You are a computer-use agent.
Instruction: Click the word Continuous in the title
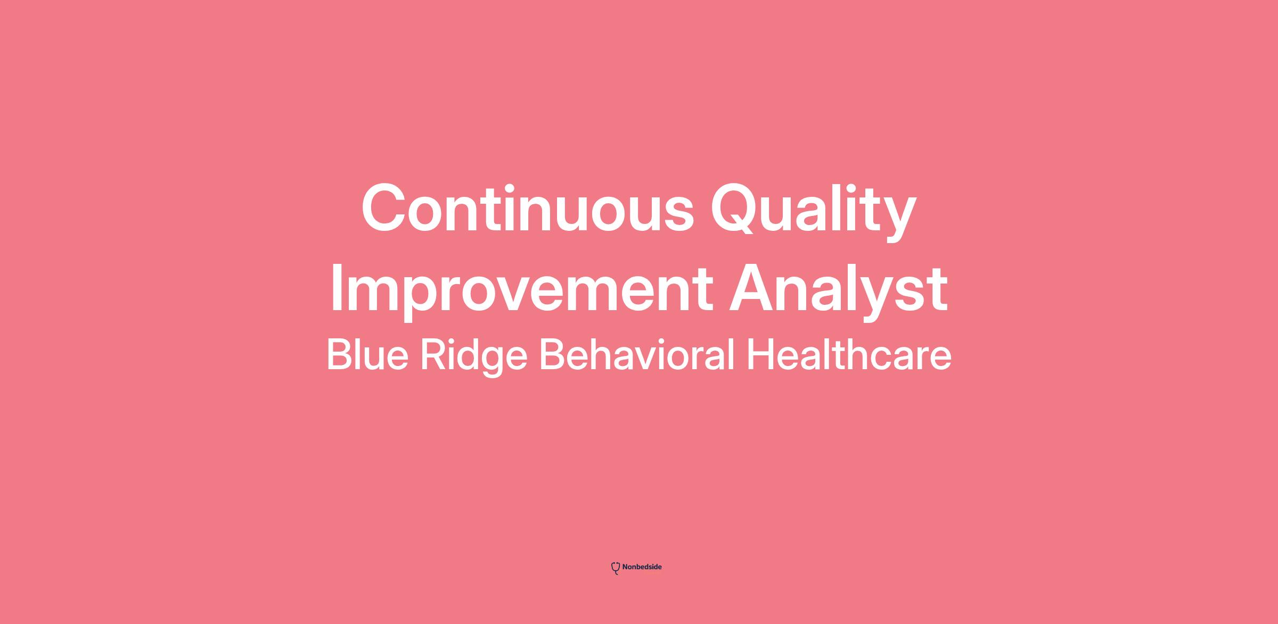tap(528, 208)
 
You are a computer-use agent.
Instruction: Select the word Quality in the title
tap(814, 212)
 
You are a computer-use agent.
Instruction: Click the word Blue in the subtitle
tap(367, 354)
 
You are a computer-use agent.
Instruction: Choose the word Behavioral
tap(637, 354)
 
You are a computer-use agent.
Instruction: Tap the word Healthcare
tap(849, 354)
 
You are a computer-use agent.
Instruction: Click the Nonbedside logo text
tap(642, 567)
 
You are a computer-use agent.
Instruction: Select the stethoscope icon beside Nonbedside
tap(616, 568)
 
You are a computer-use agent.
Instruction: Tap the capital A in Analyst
tap(752, 288)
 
